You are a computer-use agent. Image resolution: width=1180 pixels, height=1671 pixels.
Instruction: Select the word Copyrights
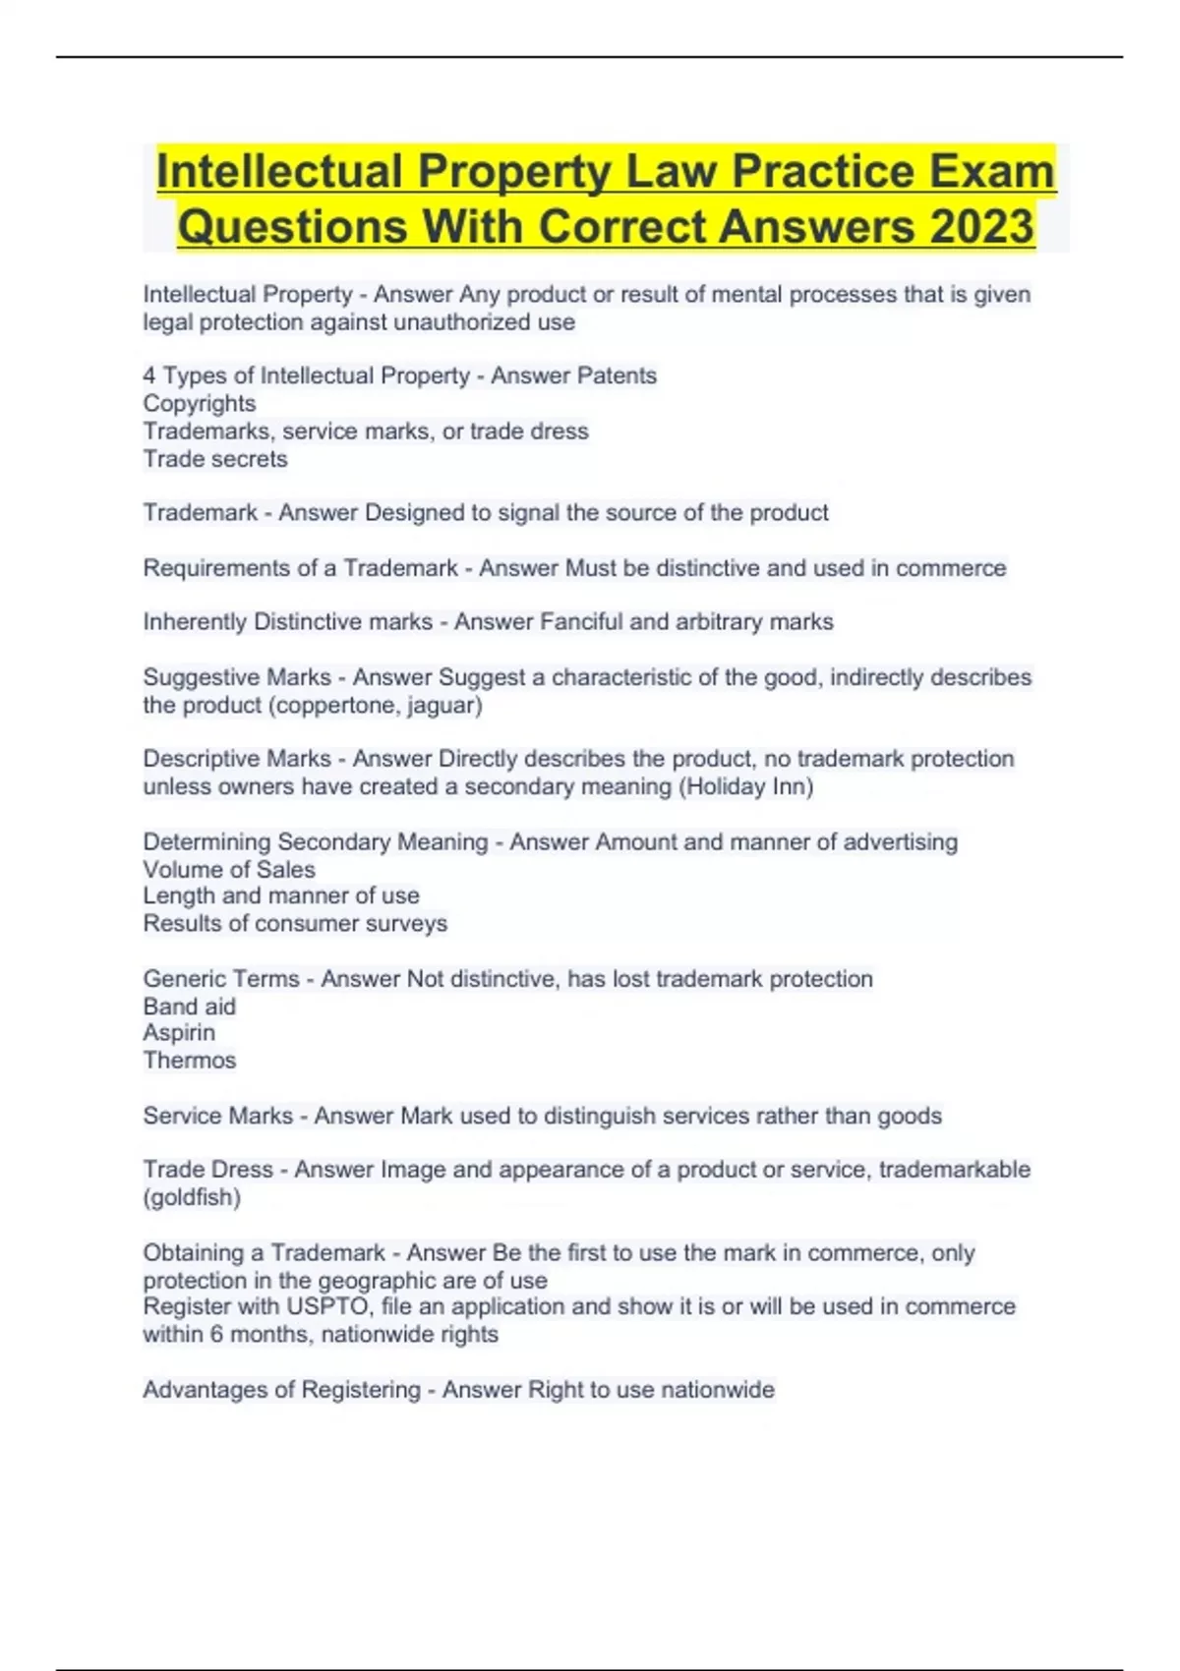click(200, 403)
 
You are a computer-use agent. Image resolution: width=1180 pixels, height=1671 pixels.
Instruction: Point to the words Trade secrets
click(215, 459)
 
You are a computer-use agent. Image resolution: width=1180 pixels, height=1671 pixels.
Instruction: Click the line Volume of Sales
click(229, 869)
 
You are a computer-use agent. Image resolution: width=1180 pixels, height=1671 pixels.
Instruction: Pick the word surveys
click(406, 923)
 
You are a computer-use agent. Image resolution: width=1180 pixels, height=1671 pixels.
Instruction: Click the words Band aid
click(190, 1006)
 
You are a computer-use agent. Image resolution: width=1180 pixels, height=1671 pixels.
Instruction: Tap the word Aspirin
click(179, 1032)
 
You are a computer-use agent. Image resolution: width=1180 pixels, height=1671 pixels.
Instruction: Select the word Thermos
click(190, 1060)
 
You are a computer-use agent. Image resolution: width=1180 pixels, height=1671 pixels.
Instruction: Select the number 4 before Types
click(149, 375)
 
